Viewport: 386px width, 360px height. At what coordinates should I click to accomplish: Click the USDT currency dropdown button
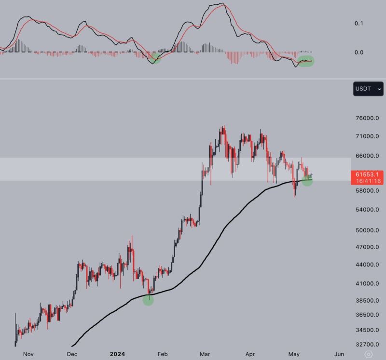pos(368,89)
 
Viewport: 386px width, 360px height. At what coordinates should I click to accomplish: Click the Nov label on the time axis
pos(28,354)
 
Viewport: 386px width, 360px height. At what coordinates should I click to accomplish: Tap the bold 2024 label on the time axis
pos(117,354)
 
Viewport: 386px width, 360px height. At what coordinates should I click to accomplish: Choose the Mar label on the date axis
pos(205,354)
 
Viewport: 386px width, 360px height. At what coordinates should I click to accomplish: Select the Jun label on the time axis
pos(339,354)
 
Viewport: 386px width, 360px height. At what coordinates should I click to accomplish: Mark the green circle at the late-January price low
pos(148,300)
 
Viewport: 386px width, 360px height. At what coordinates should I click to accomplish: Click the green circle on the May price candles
pos(307,181)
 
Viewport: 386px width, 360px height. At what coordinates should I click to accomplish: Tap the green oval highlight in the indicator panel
pos(306,61)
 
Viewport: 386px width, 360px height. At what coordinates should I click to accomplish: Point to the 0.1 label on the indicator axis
pos(358,23)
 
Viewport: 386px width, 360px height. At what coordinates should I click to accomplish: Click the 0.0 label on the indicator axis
pos(358,52)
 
